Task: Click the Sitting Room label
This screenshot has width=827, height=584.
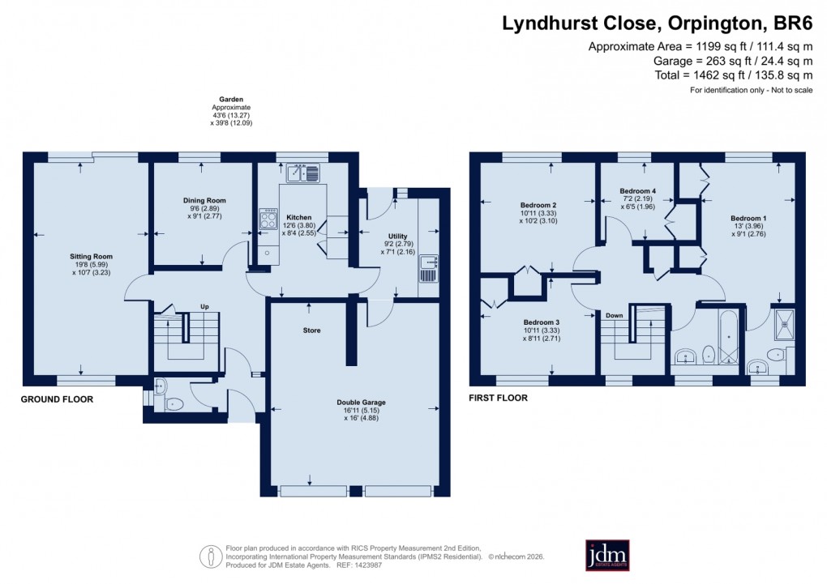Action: [91, 256]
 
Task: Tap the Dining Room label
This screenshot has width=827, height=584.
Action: [204, 200]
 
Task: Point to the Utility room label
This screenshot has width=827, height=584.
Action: [397, 236]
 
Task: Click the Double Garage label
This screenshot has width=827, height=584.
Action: [361, 402]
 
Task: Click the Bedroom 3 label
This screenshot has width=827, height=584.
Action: [541, 322]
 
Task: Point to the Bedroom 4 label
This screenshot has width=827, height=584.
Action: [637, 191]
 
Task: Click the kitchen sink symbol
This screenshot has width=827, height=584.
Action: [302, 173]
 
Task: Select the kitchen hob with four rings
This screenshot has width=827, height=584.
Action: [268, 220]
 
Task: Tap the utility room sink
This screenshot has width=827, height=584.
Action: [428, 266]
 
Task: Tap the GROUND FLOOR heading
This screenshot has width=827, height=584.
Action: [57, 399]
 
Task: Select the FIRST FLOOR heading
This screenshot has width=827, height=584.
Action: [498, 398]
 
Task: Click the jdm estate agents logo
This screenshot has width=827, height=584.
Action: [607, 555]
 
